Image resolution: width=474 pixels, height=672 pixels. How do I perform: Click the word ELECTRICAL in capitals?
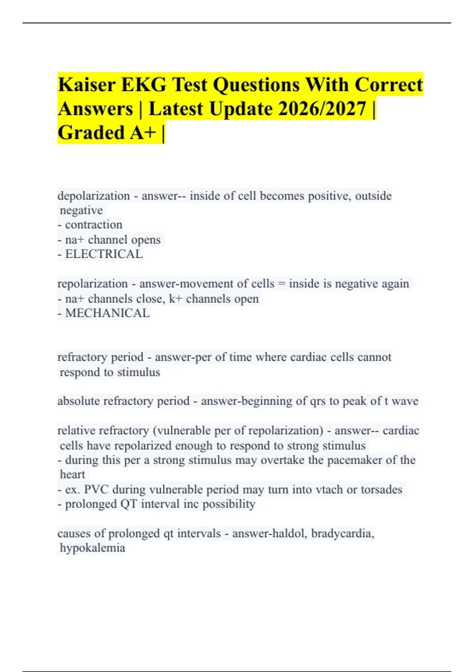(x=104, y=254)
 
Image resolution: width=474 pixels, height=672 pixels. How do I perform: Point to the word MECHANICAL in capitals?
(x=107, y=313)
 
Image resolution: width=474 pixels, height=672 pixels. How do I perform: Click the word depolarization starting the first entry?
(x=94, y=196)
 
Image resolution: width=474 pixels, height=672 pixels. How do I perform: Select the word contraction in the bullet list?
(x=94, y=225)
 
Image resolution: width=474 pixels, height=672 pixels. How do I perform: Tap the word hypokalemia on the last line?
(x=92, y=548)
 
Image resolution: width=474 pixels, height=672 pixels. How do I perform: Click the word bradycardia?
(x=342, y=534)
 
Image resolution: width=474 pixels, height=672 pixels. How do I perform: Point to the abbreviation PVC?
(x=96, y=489)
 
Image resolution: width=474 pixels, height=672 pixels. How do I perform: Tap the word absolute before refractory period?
(x=79, y=401)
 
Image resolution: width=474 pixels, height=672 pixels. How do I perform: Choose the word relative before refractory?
(x=76, y=430)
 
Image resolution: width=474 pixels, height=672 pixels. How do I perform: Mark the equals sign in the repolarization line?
(x=282, y=284)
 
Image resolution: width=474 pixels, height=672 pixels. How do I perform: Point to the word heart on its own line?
(x=72, y=474)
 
